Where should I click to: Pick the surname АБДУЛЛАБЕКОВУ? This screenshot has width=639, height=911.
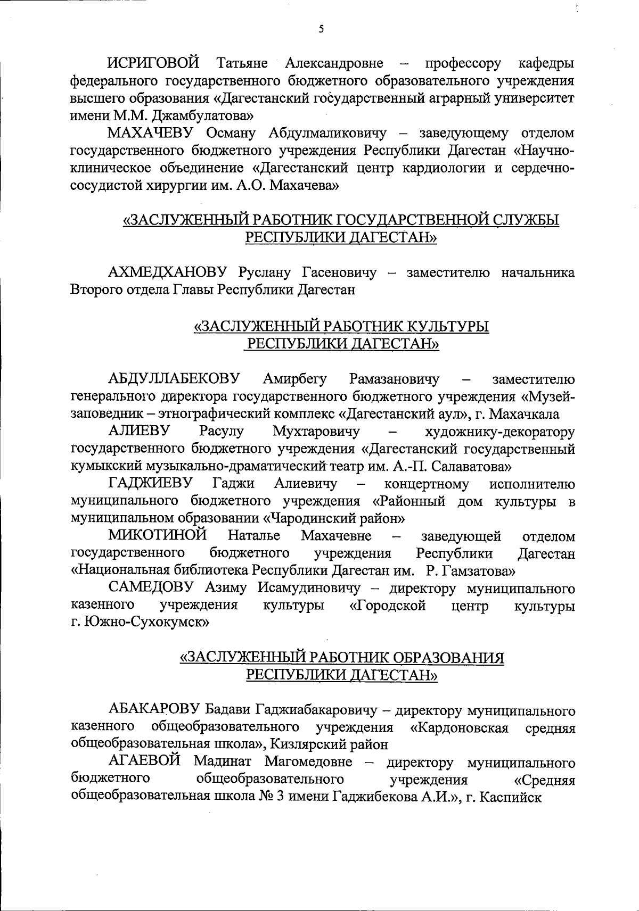[174, 379]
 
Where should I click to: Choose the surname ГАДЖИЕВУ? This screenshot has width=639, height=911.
[151, 484]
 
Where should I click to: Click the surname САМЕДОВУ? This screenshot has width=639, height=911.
[154, 589]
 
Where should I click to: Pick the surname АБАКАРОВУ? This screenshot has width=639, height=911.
[154, 710]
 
